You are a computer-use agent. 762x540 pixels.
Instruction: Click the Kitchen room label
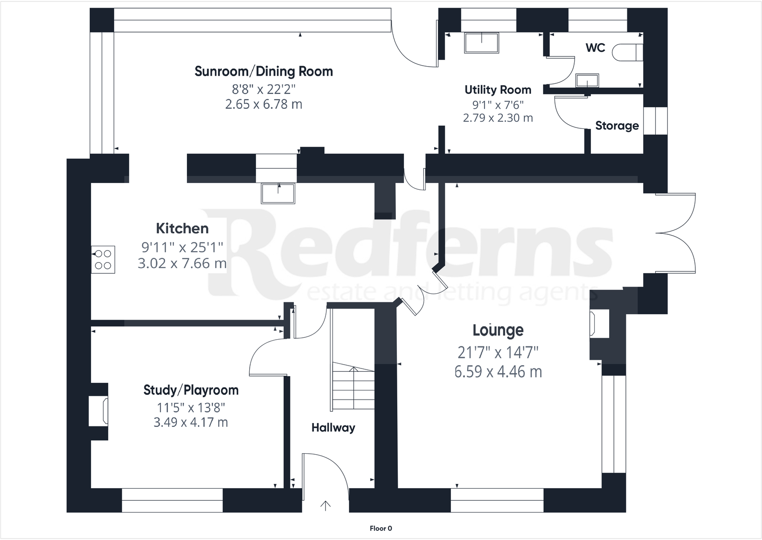pyautogui.click(x=182, y=229)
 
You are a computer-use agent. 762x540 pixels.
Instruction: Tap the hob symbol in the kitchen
pyautogui.click(x=103, y=260)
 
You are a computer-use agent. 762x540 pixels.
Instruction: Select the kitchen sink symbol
pyautogui.click(x=277, y=193)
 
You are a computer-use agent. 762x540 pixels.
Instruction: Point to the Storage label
pyautogui.click(x=617, y=126)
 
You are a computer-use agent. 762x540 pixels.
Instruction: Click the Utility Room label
pyautogui.click(x=497, y=90)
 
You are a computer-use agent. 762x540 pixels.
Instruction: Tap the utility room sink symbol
pyautogui.click(x=481, y=43)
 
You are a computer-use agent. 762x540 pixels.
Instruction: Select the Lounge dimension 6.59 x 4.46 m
pyautogui.click(x=498, y=372)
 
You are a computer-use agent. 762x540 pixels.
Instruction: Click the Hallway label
pyautogui.click(x=333, y=428)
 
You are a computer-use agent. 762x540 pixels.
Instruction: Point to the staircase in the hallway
pyautogui.click(x=354, y=386)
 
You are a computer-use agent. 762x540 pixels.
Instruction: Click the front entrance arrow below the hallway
pyautogui.click(x=325, y=506)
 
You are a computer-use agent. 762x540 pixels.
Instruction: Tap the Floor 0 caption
pyautogui.click(x=381, y=529)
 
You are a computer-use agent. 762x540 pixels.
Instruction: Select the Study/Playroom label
pyautogui.click(x=191, y=391)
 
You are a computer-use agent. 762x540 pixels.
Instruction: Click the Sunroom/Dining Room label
pyautogui.click(x=264, y=72)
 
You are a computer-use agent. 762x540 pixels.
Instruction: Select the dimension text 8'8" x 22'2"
pyautogui.click(x=264, y=89)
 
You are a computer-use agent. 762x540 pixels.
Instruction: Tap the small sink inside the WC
pyautogui.click(x=587, y=80)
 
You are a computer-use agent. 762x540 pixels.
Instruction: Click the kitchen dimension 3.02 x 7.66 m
pyautogui.click(x=182, y=263)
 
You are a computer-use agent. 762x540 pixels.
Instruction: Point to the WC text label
pyautogui.click(x=595, y=48)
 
